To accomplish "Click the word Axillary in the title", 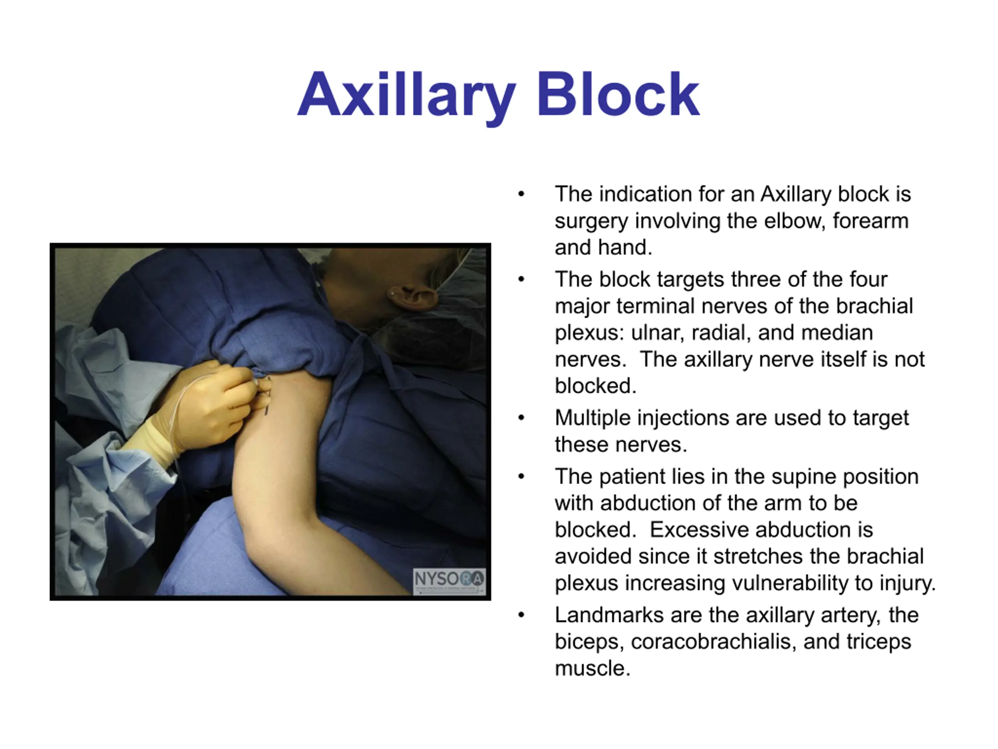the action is (407, 95).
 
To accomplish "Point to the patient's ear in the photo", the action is (412, 298).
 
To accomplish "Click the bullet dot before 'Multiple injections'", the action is (521, 418).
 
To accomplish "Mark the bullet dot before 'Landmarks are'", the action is (521, 615).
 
